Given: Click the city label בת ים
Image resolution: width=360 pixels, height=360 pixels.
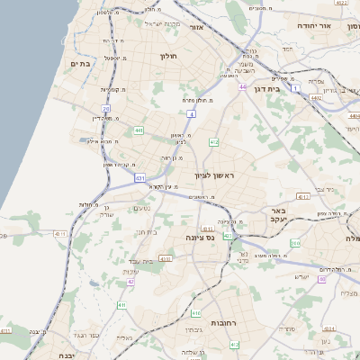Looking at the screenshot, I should [77, 64].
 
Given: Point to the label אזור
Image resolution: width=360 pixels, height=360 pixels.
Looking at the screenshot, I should [196, 28].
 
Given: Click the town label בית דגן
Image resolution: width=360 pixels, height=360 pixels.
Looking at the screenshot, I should [287, 89].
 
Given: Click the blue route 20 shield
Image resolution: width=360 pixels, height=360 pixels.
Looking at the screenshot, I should [106, 108].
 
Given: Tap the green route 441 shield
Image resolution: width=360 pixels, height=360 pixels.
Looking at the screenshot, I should [139, 130].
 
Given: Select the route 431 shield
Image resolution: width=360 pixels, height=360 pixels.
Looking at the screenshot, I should [139, 178].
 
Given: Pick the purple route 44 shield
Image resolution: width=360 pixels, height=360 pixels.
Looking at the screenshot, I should [243, 87].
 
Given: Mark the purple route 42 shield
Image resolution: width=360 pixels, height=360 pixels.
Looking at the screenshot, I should [130, 282].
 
